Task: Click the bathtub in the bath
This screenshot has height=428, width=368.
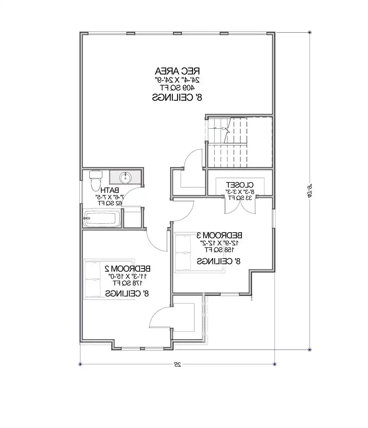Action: pos(102,219)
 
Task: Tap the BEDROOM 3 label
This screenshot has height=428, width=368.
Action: pos(220,235)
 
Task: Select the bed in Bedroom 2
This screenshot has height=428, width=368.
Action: pos(93,279)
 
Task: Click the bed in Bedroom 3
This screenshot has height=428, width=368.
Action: pos(183,252)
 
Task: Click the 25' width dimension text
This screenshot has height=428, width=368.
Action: pos(177,364)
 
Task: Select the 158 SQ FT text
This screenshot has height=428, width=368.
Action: pos(220,250)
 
